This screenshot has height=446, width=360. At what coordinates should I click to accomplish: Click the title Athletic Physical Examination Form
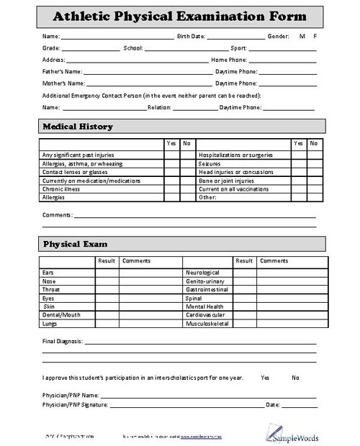pyautogui.click(x=180, y=16)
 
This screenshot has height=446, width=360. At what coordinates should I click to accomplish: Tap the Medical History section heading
pyautogui.click(x=78, y=127)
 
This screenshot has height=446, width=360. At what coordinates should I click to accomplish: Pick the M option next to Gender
pyautogui.click(x=301, y=36)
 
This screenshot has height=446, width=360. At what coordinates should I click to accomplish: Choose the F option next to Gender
pyautogui.click(x=315, y=36)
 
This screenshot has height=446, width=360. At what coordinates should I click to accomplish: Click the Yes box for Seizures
pyautogui.click(x=299, y=164)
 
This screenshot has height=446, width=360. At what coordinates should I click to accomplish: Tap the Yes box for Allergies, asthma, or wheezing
pyautogui.click(x=171, y=164)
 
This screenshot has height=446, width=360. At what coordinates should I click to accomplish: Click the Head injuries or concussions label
pyautogui.click(x=235, y=173)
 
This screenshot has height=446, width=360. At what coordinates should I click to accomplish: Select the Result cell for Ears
pyautogui.click(x=107, y=273)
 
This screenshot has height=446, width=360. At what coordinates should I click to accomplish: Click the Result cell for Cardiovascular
pyautogui.click(x=244, y=314)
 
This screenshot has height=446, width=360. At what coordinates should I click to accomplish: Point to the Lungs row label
pyautogui.click(x=50, y=323)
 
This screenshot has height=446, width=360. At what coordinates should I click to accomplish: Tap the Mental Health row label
pyautogui.click(x=205, y=306)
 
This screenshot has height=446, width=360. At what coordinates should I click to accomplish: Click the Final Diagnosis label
pyautogui.click(x=63, y=340)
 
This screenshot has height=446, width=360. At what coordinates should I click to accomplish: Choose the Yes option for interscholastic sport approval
pyautogui.click(x=265, y=377)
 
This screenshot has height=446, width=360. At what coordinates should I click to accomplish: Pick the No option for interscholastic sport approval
pyautogui.click(x=295, y=377)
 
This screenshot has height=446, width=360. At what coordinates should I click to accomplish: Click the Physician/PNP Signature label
pyautogui.click(x=76, y=405)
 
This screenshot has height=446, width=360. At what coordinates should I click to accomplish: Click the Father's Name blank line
pyautogui.click(x=148, y=72)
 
